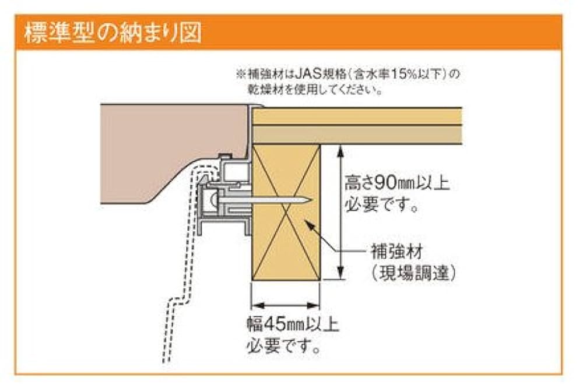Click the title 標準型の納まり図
tap(113, 33)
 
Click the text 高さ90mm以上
tap(396, 184)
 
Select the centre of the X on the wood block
tap(286, 213)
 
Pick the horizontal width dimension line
tap(286, 303)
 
